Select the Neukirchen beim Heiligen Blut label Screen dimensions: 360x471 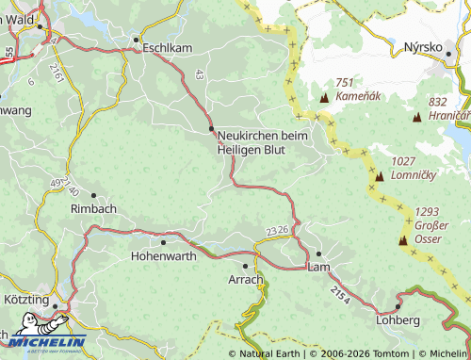click(263, 142)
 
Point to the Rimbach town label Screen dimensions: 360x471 click(92, 210)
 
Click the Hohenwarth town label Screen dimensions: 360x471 click(164, 254)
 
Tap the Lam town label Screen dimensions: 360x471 click(318, 268)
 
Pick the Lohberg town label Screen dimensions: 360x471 click(398, 320)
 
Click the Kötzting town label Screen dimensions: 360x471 click(31, 298)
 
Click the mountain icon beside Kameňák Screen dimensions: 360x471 click(325, 98)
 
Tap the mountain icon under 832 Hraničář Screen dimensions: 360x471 click(418, 117)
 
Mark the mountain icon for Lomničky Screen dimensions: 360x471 click(379, 176)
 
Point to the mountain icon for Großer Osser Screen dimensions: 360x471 click(403, 240)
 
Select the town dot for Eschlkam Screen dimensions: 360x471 click(137, 40)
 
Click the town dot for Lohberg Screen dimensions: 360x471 click(398, 306)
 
